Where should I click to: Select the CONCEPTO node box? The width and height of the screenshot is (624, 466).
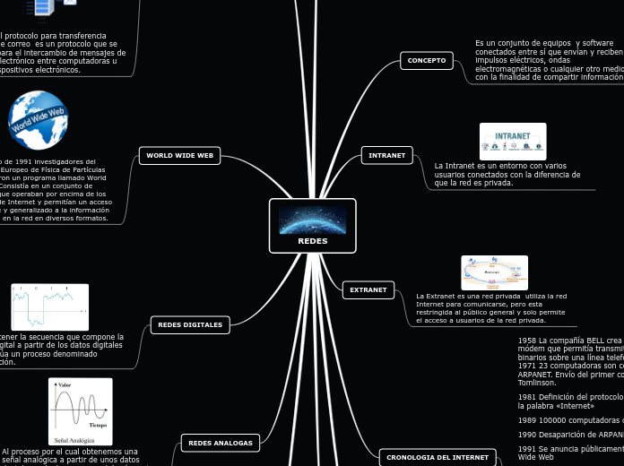[427, 60]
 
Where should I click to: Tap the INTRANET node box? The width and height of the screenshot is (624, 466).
[386, 155]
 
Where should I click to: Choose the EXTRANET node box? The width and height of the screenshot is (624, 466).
[368, 289]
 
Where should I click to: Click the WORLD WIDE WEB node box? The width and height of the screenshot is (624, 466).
[179, 155]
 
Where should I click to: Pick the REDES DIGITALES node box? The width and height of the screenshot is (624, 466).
[190, 324]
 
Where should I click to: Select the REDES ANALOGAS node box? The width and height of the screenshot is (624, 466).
[221, 442]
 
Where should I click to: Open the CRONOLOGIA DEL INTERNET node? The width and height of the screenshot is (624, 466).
[438, 457]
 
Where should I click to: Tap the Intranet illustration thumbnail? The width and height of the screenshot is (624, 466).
[513, 142]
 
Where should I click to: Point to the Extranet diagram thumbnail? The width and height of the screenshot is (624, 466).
[494, 272]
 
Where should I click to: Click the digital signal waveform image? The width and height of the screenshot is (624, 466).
[49, 306]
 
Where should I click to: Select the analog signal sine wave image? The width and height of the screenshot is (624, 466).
[81, 411]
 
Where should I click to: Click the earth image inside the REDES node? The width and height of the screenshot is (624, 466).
[313, 220]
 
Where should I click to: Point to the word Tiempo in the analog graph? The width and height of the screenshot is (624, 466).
[99, 424]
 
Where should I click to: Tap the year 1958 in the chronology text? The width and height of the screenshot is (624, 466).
[526, 341]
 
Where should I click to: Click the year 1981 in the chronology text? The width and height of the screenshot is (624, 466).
[526, 397]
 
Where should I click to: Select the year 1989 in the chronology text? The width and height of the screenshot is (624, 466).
[526, 419]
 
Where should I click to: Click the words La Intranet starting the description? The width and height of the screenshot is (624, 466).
[452, 166]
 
